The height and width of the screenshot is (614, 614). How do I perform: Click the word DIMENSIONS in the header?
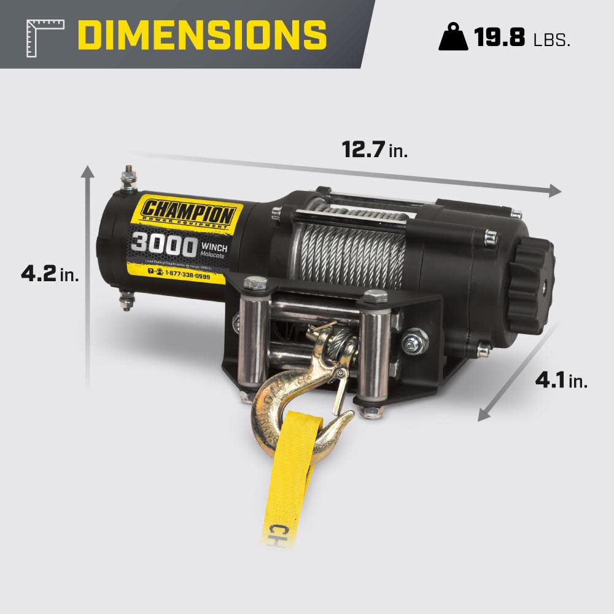pyautogui.click(x=203, y=34)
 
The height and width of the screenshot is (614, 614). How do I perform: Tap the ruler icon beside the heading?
pyautogui.click(x=45, y=37)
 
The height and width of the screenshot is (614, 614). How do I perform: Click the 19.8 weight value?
pyautogui.click(x=499, y=37)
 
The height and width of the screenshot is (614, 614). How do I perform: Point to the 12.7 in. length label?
pyautogui.click(x=375, y=149)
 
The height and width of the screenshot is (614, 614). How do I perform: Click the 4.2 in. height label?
pyautogui.click(x=50, y=273)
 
